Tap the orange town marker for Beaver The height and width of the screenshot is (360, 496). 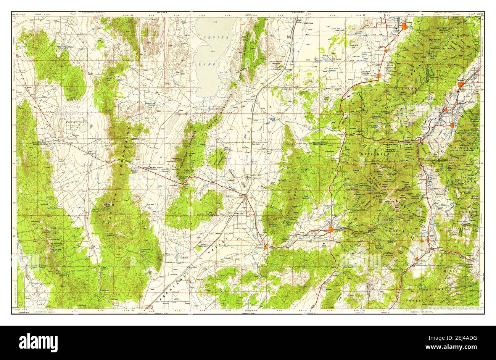331,229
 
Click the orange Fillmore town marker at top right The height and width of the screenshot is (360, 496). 405,27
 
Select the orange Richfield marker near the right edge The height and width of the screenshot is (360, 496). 461,84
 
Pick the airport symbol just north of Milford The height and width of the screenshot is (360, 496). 244,186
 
